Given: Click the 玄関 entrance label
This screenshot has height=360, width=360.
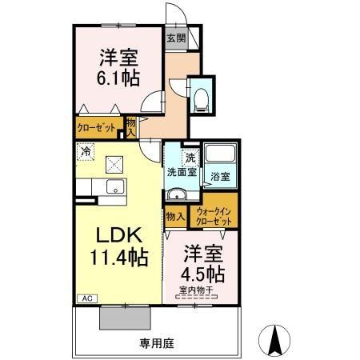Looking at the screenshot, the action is pyautogui.click(x=176, y=38).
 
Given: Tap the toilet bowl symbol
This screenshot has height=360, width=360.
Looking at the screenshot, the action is pyautogui.click(x=202, y=100).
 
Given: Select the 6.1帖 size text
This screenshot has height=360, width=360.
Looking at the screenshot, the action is pyautogui.click(x=118, y=78).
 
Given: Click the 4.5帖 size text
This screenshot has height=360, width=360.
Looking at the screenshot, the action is pyautogui.click(x=202, y=274).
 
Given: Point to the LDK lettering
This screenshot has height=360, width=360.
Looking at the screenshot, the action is pyautogui.click(x=119, y=235).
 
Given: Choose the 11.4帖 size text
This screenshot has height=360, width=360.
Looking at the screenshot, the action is pyautogui.click(x=119, y=258).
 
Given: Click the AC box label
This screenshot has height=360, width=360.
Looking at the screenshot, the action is pyautogui.click(x=87, y=298).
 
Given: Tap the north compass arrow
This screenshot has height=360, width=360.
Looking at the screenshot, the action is pyautogui.click(x=274, y=341).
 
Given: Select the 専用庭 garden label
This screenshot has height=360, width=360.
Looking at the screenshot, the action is pyautogui.click(x=157, y=343).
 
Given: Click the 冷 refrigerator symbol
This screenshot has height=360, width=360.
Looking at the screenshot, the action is pyautogui.click(x=86, y=152).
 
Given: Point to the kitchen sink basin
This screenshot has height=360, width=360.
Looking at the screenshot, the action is pyautogui.click(x=115, y=186).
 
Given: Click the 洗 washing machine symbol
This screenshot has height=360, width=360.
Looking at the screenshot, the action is pyautogui.click(x=190, y=158).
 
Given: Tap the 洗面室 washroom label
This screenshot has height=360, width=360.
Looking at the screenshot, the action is pyautogui.click(x=182, y=172).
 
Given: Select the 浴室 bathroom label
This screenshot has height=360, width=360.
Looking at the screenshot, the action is pyautogui.click(x=220, y=176).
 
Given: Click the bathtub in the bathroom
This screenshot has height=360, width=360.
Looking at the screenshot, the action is pyautogui.click(x=220, y=153).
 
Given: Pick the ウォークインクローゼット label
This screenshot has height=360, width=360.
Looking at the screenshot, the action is pyautogui.click(x=214, y=217).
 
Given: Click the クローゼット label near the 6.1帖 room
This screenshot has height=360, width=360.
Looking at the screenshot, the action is pyautogui.click(x=96, y=128).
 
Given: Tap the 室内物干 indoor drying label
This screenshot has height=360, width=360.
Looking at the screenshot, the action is pyautogui.click(x=196, y=290).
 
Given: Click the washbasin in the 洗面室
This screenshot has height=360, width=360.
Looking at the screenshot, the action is pyautogui.click(x=177, y=194).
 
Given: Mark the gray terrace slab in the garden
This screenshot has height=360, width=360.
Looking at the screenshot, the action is pyautogui.click(x=125, y=318).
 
